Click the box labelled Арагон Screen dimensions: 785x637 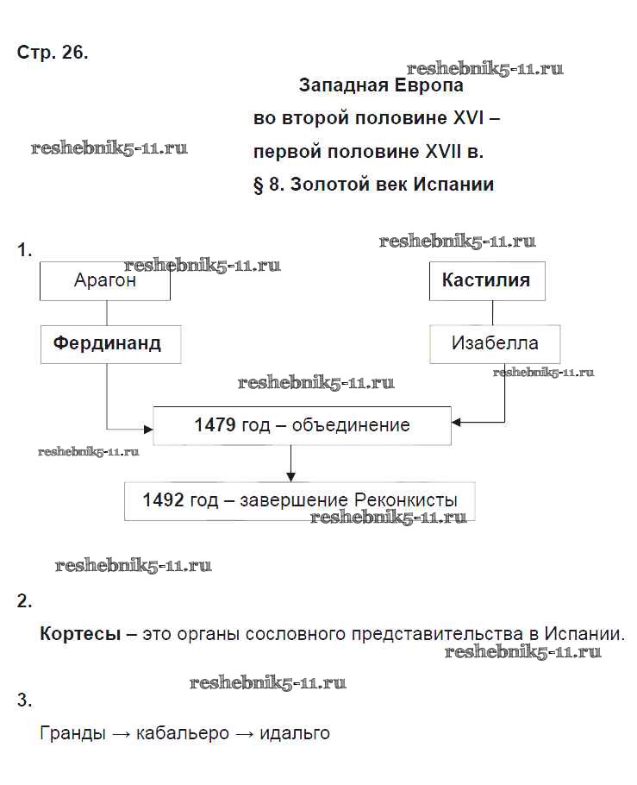point(105,281)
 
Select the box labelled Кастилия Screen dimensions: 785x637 point(486,281)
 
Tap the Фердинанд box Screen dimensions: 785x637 point(108,343)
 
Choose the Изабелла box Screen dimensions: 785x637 point(495,343)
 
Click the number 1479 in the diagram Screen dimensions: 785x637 point(215,425)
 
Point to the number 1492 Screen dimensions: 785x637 point(164,500)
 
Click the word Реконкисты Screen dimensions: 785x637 point(405,500)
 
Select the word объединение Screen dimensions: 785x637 point(352,425)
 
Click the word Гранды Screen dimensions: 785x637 point(73,733)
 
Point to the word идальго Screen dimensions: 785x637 point(294,733)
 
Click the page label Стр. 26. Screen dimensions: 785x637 point(52,52)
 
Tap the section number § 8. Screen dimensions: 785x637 point(269,185)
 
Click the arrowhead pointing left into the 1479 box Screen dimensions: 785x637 point(457,423)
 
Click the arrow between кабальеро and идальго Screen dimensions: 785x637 point(245,734)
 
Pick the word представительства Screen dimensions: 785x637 point(441,634)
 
